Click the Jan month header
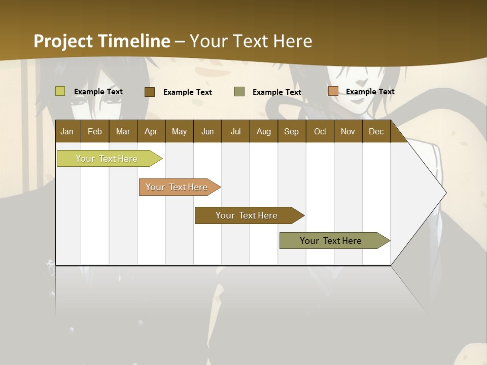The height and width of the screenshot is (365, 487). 67,131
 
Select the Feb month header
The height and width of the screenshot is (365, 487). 95,131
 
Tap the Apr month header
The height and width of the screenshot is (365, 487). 151,131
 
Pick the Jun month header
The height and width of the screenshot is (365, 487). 207,131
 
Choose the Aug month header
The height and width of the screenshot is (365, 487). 263,131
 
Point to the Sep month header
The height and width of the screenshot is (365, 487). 291,131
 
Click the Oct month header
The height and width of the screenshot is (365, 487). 320,131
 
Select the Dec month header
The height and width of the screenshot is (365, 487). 376,131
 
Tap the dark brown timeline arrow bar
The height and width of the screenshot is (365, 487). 247,215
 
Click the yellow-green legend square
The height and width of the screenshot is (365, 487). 60,91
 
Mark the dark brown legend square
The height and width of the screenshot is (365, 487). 150,92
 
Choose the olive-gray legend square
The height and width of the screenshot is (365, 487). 239,92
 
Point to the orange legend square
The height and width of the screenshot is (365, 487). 333,91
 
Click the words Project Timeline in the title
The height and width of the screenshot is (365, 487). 102,41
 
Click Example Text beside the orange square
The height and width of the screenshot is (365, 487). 370,92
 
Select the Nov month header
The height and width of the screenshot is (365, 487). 347,131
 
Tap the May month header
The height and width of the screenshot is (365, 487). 179,131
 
